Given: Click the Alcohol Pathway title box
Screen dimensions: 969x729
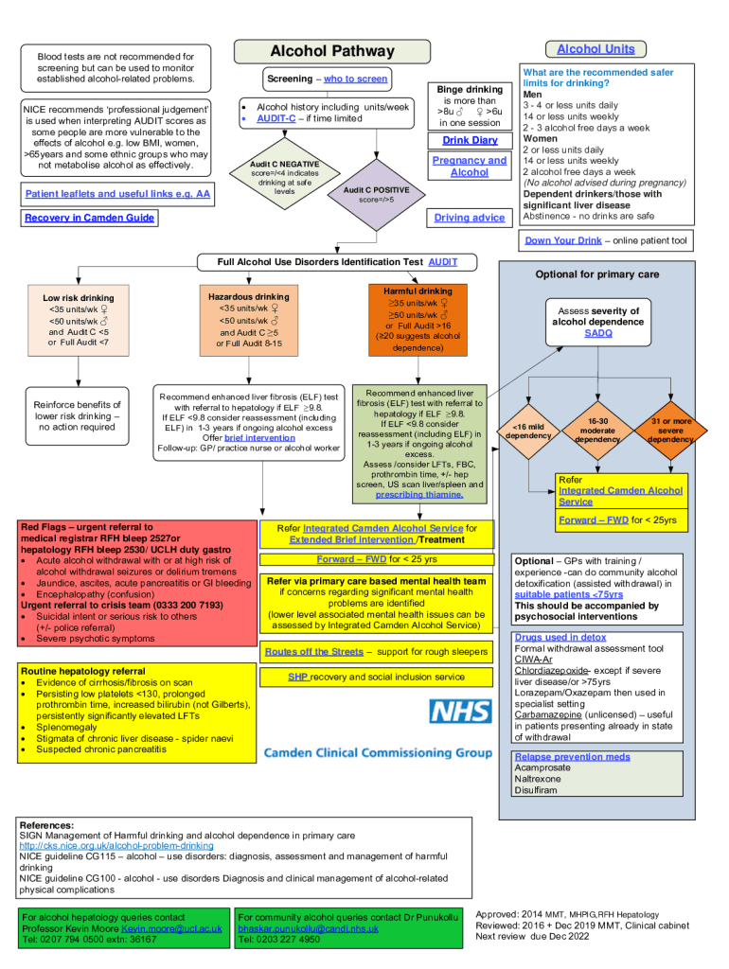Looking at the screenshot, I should [x=331, y=51].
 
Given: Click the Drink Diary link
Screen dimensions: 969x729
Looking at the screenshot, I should [x=470, y=140].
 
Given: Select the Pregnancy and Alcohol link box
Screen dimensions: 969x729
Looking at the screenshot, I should [x=470, y=167].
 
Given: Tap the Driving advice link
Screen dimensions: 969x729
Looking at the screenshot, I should [x=470, y=218].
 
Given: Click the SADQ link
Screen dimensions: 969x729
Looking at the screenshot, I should [x=598, y=333].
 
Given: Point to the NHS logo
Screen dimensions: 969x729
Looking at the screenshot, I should [x=460, y=713].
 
